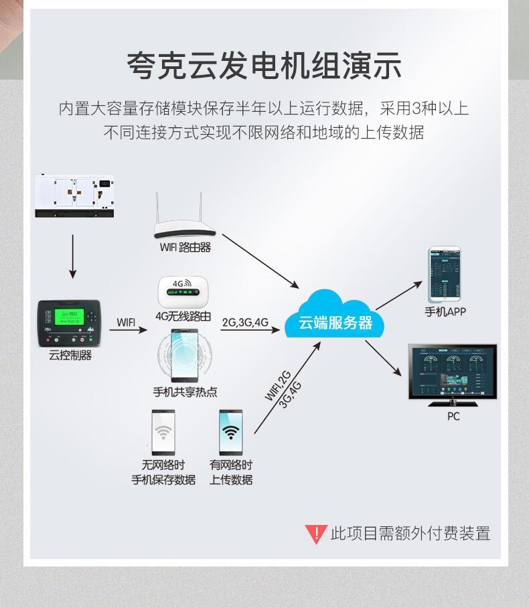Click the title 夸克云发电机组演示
pyautogui.click(x=264, y=66)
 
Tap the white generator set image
pyautogui.click(x=74, y=196)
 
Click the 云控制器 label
pyautogui.click(x=70, y=356)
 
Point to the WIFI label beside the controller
pyautogui.click(x=126, y=322)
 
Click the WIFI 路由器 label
pyautogui.click(x=185, y=247)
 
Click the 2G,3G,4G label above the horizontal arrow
pyautogui.click(x=245, y=322)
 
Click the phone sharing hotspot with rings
pyautogui.click(x=184, y=355)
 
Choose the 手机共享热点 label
pyautogui.click(x=185, y=392)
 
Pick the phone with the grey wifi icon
pyautogui.click(x=163, y=433)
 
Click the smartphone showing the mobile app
pyautogui.click(x=445, y=274)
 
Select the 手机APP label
pyautogui.click(x=445, y=311)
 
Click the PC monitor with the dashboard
pyautogui.click(x=453, y=373)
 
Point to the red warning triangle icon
pyautogui.click(x=315, y=534)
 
